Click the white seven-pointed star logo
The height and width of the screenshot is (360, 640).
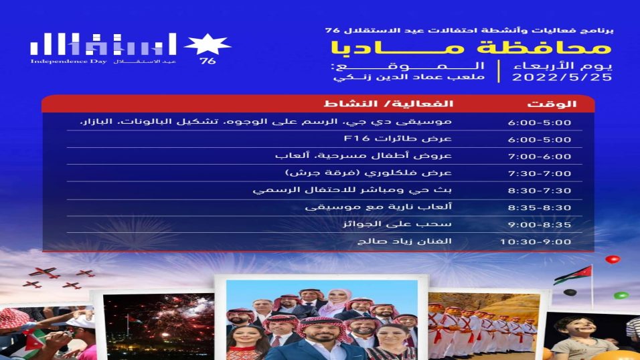[x=208, y=44]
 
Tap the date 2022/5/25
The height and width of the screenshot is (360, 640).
[x=562, y=77]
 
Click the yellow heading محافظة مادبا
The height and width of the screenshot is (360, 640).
[x=471, y=48]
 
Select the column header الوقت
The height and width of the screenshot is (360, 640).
[x=552, y=104]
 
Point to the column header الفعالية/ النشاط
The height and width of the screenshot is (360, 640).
[x=388, y=104]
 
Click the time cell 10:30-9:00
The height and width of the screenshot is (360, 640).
[x=536, y=242]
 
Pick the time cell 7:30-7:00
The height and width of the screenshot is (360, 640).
[x=539, y=173]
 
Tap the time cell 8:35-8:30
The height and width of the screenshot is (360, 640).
[x=539, y=207]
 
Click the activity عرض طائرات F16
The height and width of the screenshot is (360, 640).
[x=398, y=139]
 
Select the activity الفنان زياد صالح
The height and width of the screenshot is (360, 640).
[x=404, y=241]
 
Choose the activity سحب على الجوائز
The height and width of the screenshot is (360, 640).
[x=397, y=224]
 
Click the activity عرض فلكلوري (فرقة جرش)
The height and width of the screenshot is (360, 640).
[x=369, y=173]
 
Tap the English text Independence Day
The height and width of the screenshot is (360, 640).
[x=68, y=61]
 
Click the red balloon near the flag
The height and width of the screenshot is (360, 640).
[x=613, y=259]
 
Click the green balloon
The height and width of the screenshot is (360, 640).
[x=621, y=294]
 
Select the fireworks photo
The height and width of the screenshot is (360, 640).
[x=159, y=327]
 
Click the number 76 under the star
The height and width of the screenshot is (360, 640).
[x=208, y=61]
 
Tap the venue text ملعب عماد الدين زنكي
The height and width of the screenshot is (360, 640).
[x=409, y=77]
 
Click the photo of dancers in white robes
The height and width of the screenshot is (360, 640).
[x=483, y=327]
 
